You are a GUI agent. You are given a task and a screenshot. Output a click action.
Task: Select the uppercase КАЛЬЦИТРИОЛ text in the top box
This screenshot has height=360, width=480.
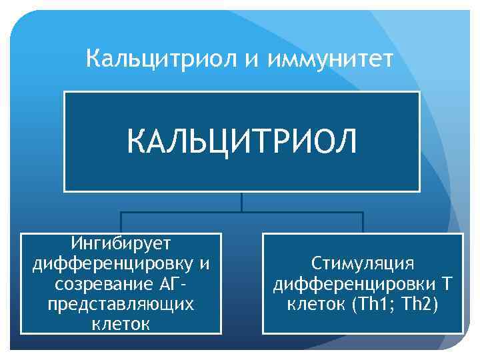click(242, 141)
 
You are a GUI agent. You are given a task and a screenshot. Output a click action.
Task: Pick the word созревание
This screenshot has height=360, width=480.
click(97, 284)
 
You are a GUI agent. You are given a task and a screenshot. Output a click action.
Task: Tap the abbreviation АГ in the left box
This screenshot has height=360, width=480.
click(170, 284)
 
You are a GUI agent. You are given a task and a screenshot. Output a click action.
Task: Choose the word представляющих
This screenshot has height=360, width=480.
click(121, 304)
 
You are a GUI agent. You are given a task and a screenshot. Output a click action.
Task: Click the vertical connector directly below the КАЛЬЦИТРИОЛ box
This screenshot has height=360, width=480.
click(241, 202)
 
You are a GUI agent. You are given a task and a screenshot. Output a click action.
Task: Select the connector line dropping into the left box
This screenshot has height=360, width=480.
click(121, 223)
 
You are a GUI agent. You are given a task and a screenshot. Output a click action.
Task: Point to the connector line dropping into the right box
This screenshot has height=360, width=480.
click(363, 223)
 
